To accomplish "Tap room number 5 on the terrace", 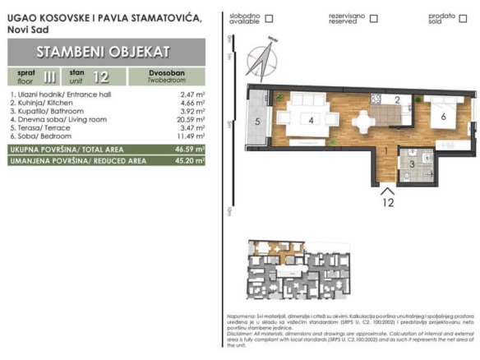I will pos(257,122).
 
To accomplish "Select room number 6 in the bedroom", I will pos(443,117).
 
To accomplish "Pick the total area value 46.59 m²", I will pos(190,150).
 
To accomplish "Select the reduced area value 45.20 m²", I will pos(190,160).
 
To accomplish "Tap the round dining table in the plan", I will pos(362,120).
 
